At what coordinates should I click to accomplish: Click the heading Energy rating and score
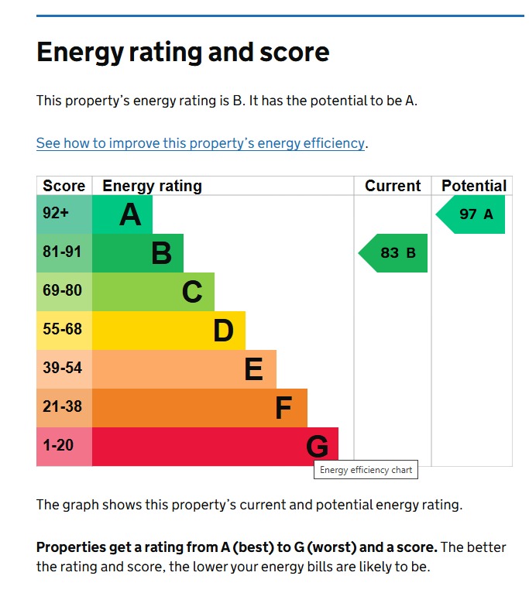pos(183,53)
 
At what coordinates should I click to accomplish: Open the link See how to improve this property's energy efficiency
pos(200,143)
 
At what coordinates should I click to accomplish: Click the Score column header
pos(64,186)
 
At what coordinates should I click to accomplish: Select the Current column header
pos(393,186)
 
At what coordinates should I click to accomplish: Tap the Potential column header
pos(473,186)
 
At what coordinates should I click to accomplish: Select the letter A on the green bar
pos(130,214)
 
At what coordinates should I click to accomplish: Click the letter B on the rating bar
pos(161,253)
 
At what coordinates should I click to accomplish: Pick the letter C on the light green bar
pos(192,292)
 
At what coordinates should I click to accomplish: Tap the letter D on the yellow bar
pos(223,331)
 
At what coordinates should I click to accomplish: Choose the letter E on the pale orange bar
pos(253,369)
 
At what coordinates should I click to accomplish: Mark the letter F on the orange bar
pos(284,408)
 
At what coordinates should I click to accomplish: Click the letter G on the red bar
pos(317,447)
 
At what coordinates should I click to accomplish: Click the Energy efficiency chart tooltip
pos(366,470)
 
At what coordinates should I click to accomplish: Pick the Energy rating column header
pos(152,186)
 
